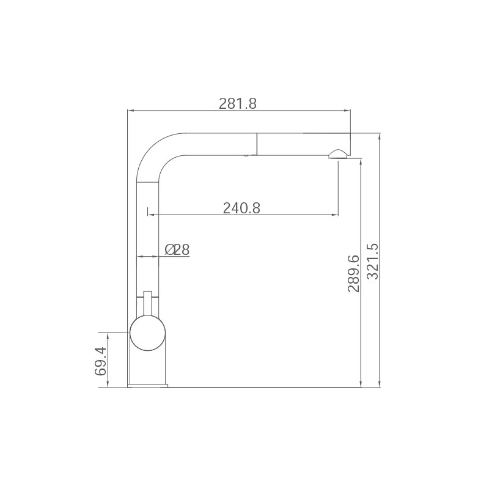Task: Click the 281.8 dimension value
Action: [238, 103]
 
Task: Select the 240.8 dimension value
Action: [241, 208]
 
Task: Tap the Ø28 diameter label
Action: [177, 249]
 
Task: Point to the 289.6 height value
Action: [354, 273]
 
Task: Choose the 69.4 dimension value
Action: [101, 361]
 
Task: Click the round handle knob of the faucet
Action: [147, 333]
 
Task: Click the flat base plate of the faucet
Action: [147, 386]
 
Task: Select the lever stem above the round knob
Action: [147, 303]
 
